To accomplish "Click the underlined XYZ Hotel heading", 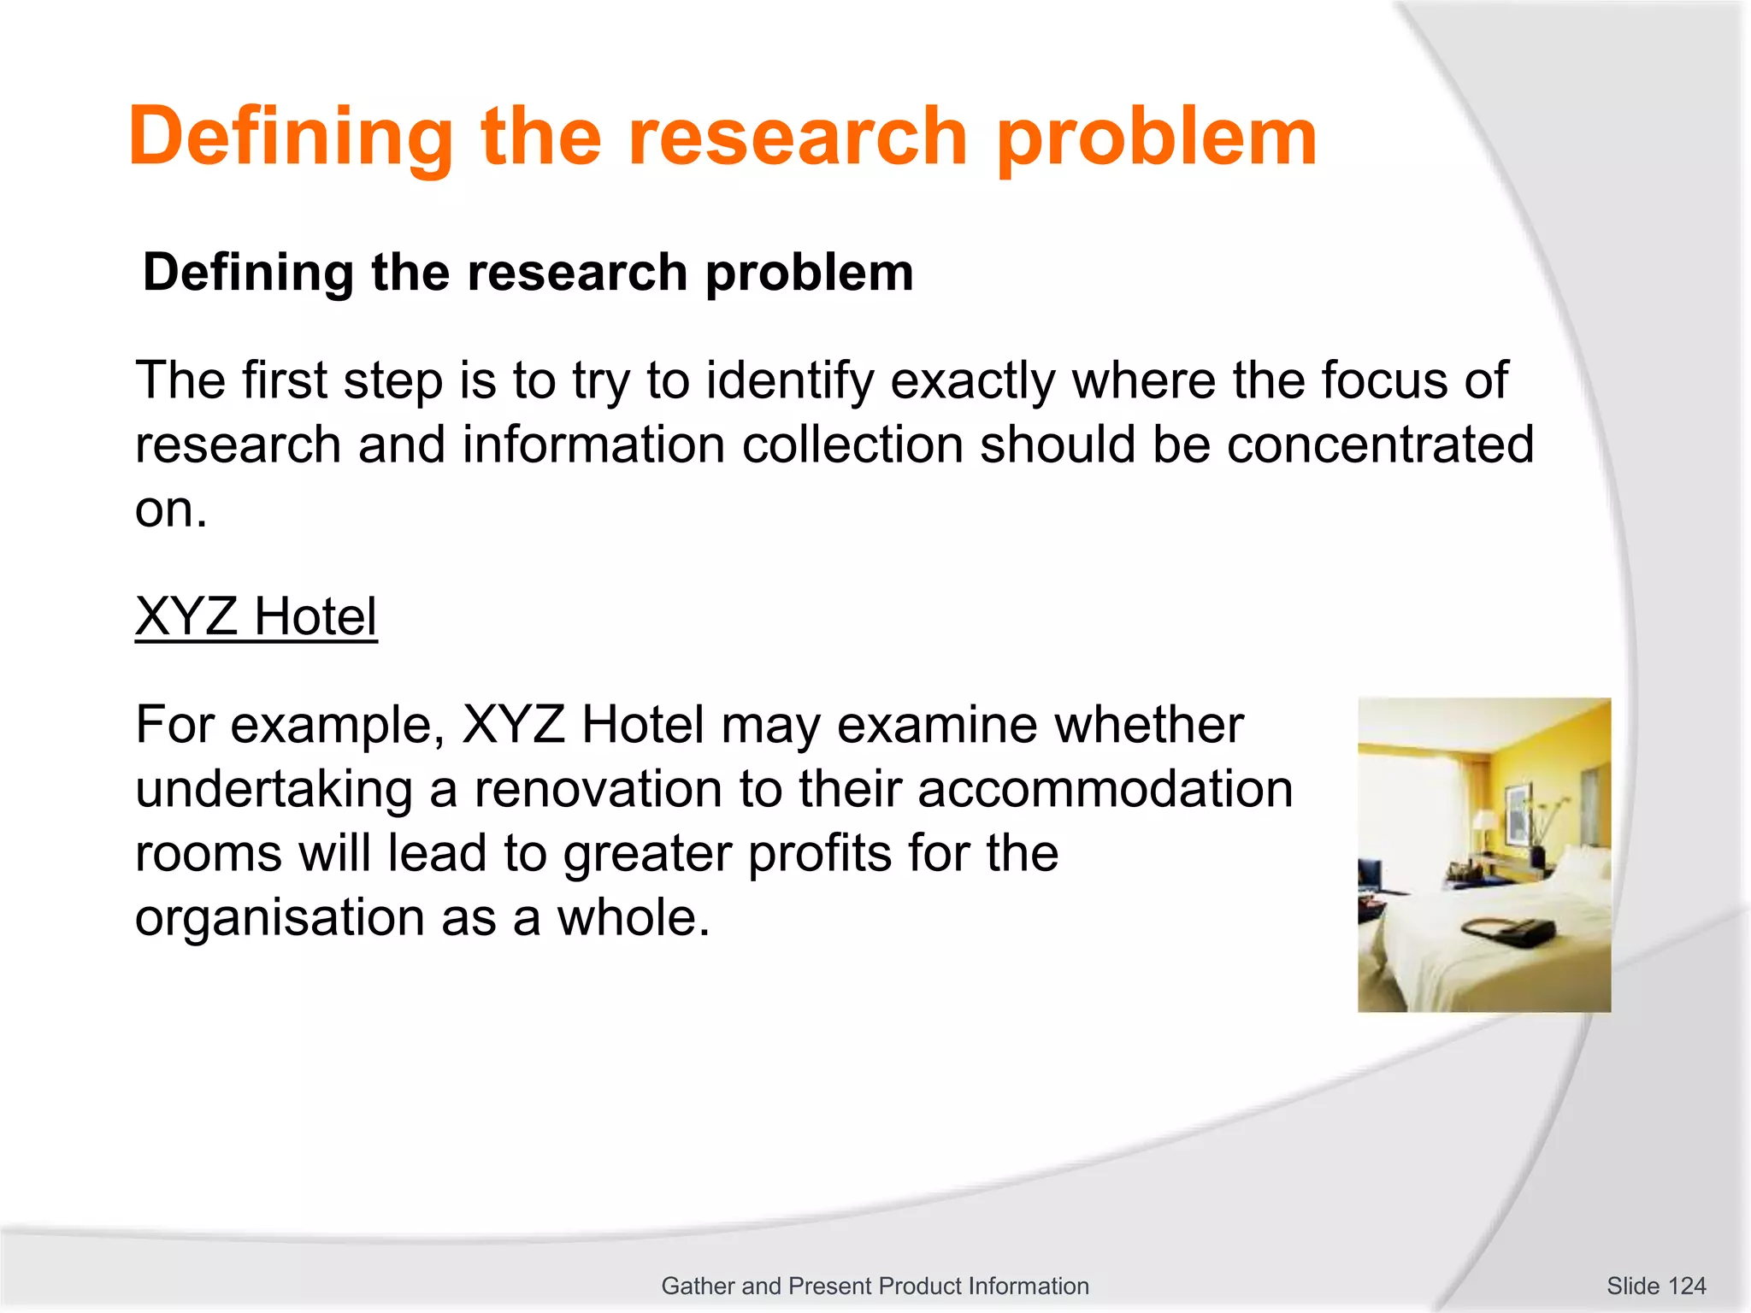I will pyautogui.click(x=256, y=616).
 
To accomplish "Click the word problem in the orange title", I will pyautogui.click(x=1157, y=137).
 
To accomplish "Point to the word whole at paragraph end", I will pyautogui.click(x=633, y=917).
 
